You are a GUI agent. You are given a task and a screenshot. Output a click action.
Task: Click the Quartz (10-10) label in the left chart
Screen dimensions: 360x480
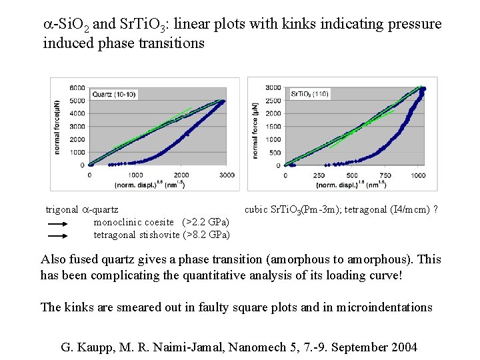(x=116, y=93)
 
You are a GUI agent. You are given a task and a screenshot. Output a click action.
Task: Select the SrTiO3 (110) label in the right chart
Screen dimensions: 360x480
(x=311, y=94)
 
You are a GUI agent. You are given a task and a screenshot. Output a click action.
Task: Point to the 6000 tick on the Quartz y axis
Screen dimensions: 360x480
(x=77, y=88)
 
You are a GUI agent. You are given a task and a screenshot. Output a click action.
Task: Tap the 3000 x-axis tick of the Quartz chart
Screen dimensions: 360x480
(x=227, y=175)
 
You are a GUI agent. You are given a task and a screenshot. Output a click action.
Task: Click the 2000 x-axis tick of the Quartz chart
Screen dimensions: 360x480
(x=181, y=175)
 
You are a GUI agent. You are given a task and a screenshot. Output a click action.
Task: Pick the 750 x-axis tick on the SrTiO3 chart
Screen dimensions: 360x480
(x=385, y=175)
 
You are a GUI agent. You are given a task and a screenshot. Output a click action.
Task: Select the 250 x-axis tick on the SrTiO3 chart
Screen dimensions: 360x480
(x=319, y=175)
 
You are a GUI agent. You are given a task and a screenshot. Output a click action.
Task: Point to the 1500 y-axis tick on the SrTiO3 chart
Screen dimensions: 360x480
(x=273, y=126)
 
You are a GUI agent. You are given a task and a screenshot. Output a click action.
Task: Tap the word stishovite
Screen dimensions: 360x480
(x=160, y=235)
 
